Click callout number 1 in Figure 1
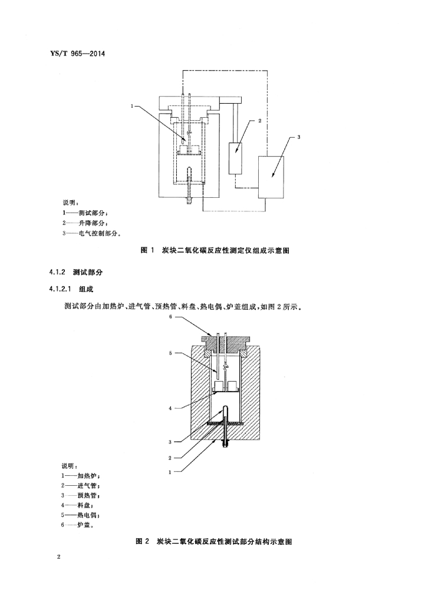(133, 107)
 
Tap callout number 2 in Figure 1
(259, 120)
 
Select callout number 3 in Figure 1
(298, 137)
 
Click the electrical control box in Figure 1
(271, 175)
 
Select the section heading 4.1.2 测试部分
(75, 273)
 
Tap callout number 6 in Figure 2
(170, 316)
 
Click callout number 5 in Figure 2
(170, 354)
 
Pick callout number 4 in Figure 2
(170, 407)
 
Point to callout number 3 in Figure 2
(170, 442)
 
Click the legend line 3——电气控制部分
(91, 234)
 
